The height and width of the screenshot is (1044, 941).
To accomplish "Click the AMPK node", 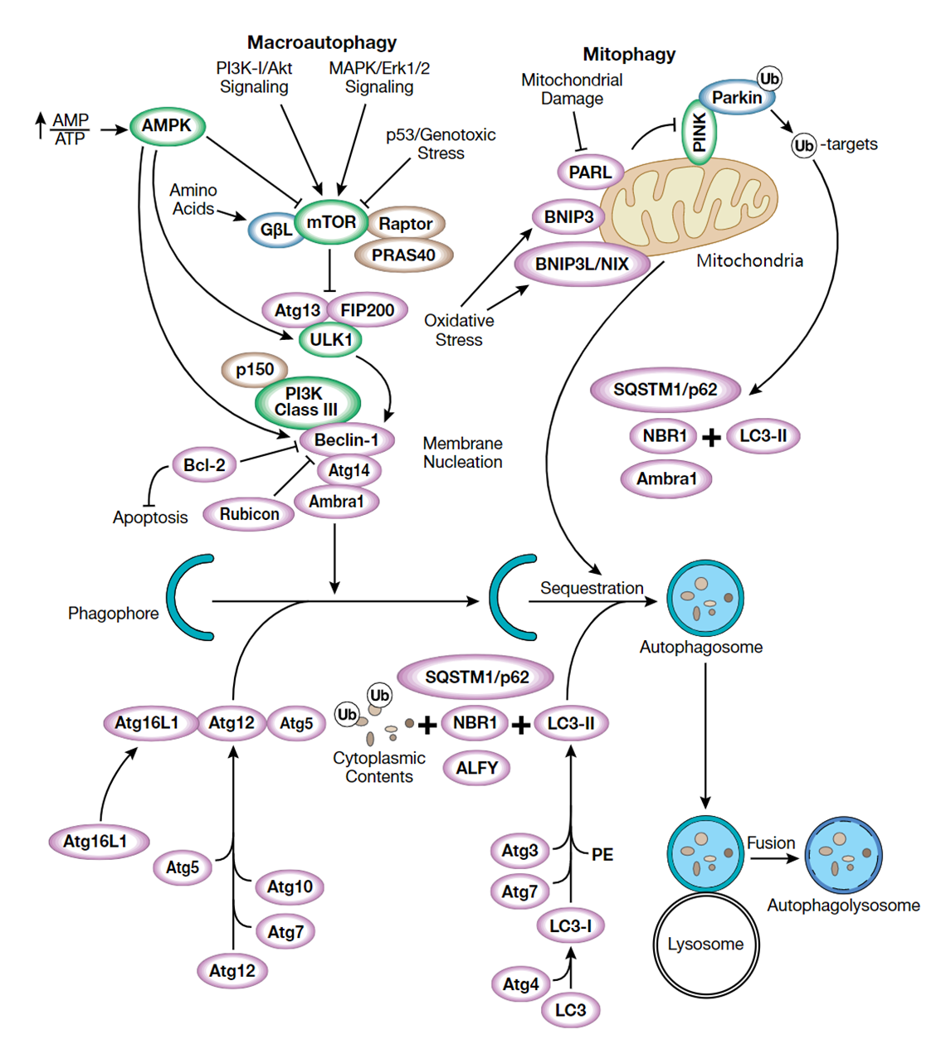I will (167, 126).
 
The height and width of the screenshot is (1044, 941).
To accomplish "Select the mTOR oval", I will (331, 222).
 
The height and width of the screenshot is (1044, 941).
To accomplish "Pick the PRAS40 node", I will (403, 255).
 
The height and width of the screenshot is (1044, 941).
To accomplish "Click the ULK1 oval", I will (330, 340).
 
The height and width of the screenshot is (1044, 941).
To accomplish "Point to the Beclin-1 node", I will (346, 440).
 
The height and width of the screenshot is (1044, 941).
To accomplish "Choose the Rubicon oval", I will (249, 514).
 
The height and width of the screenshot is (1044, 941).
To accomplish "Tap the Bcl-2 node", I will (204, 465).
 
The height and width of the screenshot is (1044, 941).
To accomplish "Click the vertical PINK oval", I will (699, 132).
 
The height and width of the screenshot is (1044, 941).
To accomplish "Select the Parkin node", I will (736, 98).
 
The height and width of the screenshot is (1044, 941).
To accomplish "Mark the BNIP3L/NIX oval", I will (582, 265).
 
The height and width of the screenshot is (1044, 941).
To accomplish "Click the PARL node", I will (590, 172).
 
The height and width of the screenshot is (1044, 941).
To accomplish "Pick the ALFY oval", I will (476, 768).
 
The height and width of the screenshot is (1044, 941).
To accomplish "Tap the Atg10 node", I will (290, 887).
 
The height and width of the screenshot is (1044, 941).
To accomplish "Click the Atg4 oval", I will (520, 984).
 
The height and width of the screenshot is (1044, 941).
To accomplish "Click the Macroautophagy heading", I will (322, 42).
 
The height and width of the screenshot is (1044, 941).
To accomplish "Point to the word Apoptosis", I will (150, 517).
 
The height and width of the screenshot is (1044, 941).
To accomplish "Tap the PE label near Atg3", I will (602, 855).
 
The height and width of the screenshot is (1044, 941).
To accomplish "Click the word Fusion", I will (771, 843).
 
